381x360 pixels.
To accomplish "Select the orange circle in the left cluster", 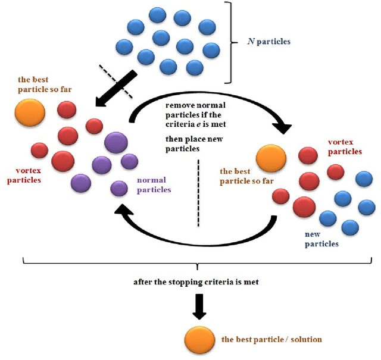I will (29, 112).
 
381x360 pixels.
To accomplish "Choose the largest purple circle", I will (116, 143).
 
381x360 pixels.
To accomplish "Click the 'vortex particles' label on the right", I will (345, 147).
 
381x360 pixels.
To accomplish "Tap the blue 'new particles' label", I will (321, 239).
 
